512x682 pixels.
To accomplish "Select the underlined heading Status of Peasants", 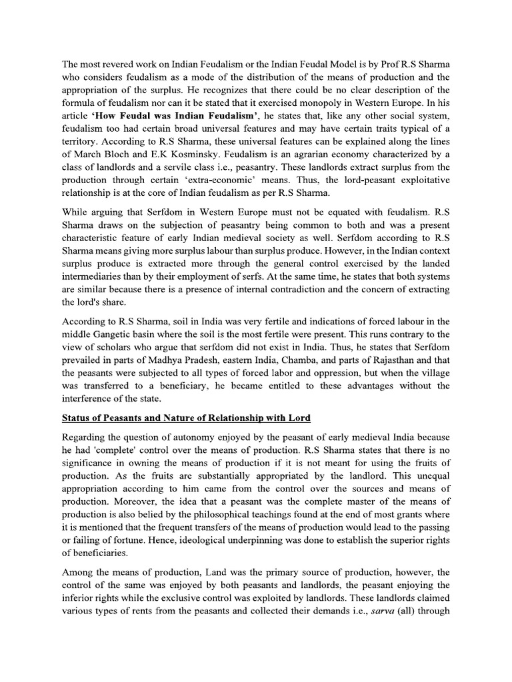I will pos(185,418).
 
